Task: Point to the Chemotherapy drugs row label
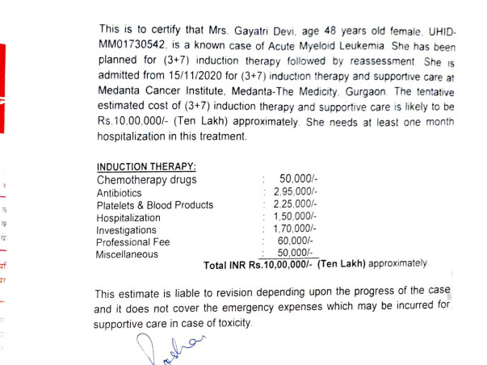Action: (x=146, y=178)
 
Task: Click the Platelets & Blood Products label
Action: (x=155, y=205)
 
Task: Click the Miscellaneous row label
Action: (x=128, y=254)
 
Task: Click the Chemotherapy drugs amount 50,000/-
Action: (x=300, y=178)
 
